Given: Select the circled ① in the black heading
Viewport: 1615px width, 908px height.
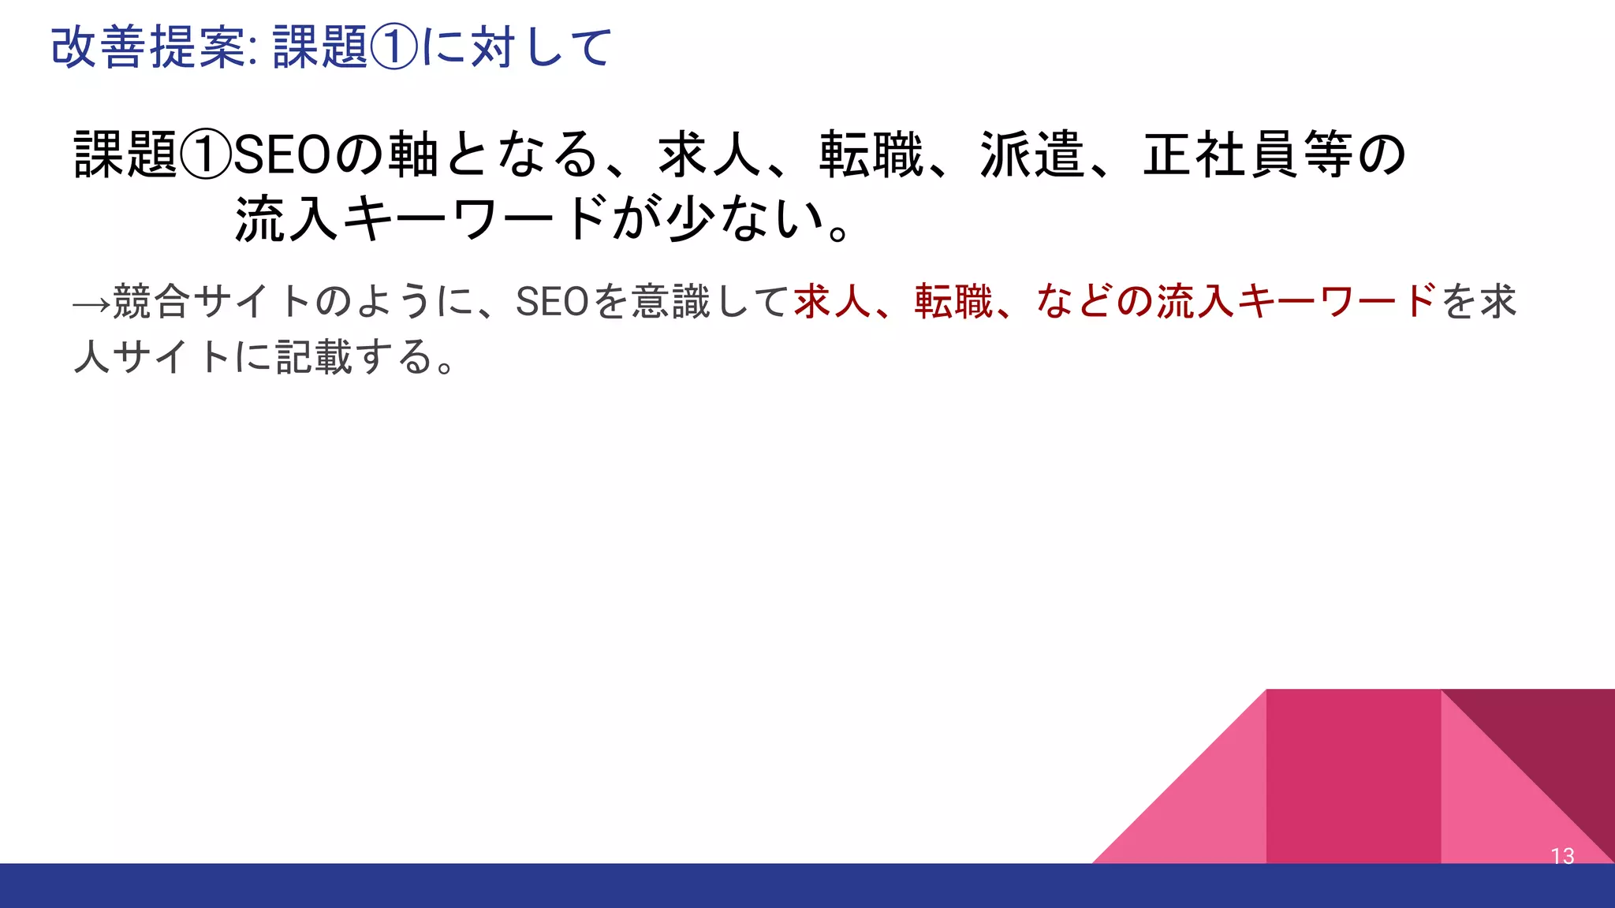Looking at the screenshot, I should point(206,154).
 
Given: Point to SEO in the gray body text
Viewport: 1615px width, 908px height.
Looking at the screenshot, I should point(552,302).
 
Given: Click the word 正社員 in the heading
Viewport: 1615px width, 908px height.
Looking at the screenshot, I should point(1221,154).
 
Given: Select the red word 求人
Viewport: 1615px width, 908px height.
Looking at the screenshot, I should point(833,302).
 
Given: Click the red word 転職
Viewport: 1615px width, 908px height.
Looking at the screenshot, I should point(953,302).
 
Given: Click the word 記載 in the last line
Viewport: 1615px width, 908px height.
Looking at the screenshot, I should point(313,357).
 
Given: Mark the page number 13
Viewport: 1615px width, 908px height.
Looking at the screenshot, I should point(1562,856).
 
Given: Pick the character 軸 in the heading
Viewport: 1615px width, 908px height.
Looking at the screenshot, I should point(414,154).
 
